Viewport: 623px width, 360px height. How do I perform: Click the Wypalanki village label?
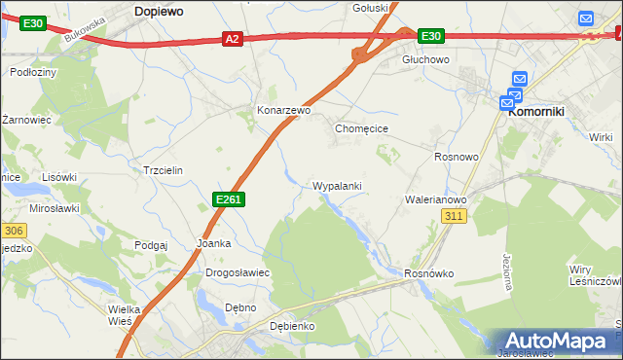tap(337, 185)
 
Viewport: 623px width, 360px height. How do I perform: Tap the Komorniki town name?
tap(536, 112)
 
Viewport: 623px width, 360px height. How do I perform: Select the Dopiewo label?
tap(161, 11)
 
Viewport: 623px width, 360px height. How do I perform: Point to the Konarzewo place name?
tap(283, 111)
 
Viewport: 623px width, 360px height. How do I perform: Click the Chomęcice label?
tap(362, 127)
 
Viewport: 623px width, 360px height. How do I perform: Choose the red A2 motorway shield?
tap(231, 39)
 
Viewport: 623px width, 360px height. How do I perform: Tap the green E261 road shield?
tap(228, 199)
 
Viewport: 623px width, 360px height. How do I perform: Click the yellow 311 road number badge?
tap(454, 216)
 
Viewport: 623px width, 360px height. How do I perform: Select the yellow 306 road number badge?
tap(13, 231)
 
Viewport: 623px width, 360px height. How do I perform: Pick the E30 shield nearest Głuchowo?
tap(431, 36)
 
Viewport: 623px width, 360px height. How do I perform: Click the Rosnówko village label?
tap(429, 273)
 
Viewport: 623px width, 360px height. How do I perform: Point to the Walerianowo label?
tap(436, 199)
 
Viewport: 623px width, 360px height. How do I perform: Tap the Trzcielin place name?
tap(163, 169)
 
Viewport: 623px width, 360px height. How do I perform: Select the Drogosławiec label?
tap(238, 273)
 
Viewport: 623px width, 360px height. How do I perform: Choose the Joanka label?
tap(213, 243)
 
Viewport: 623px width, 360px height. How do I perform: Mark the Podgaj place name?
tap(152, 245)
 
